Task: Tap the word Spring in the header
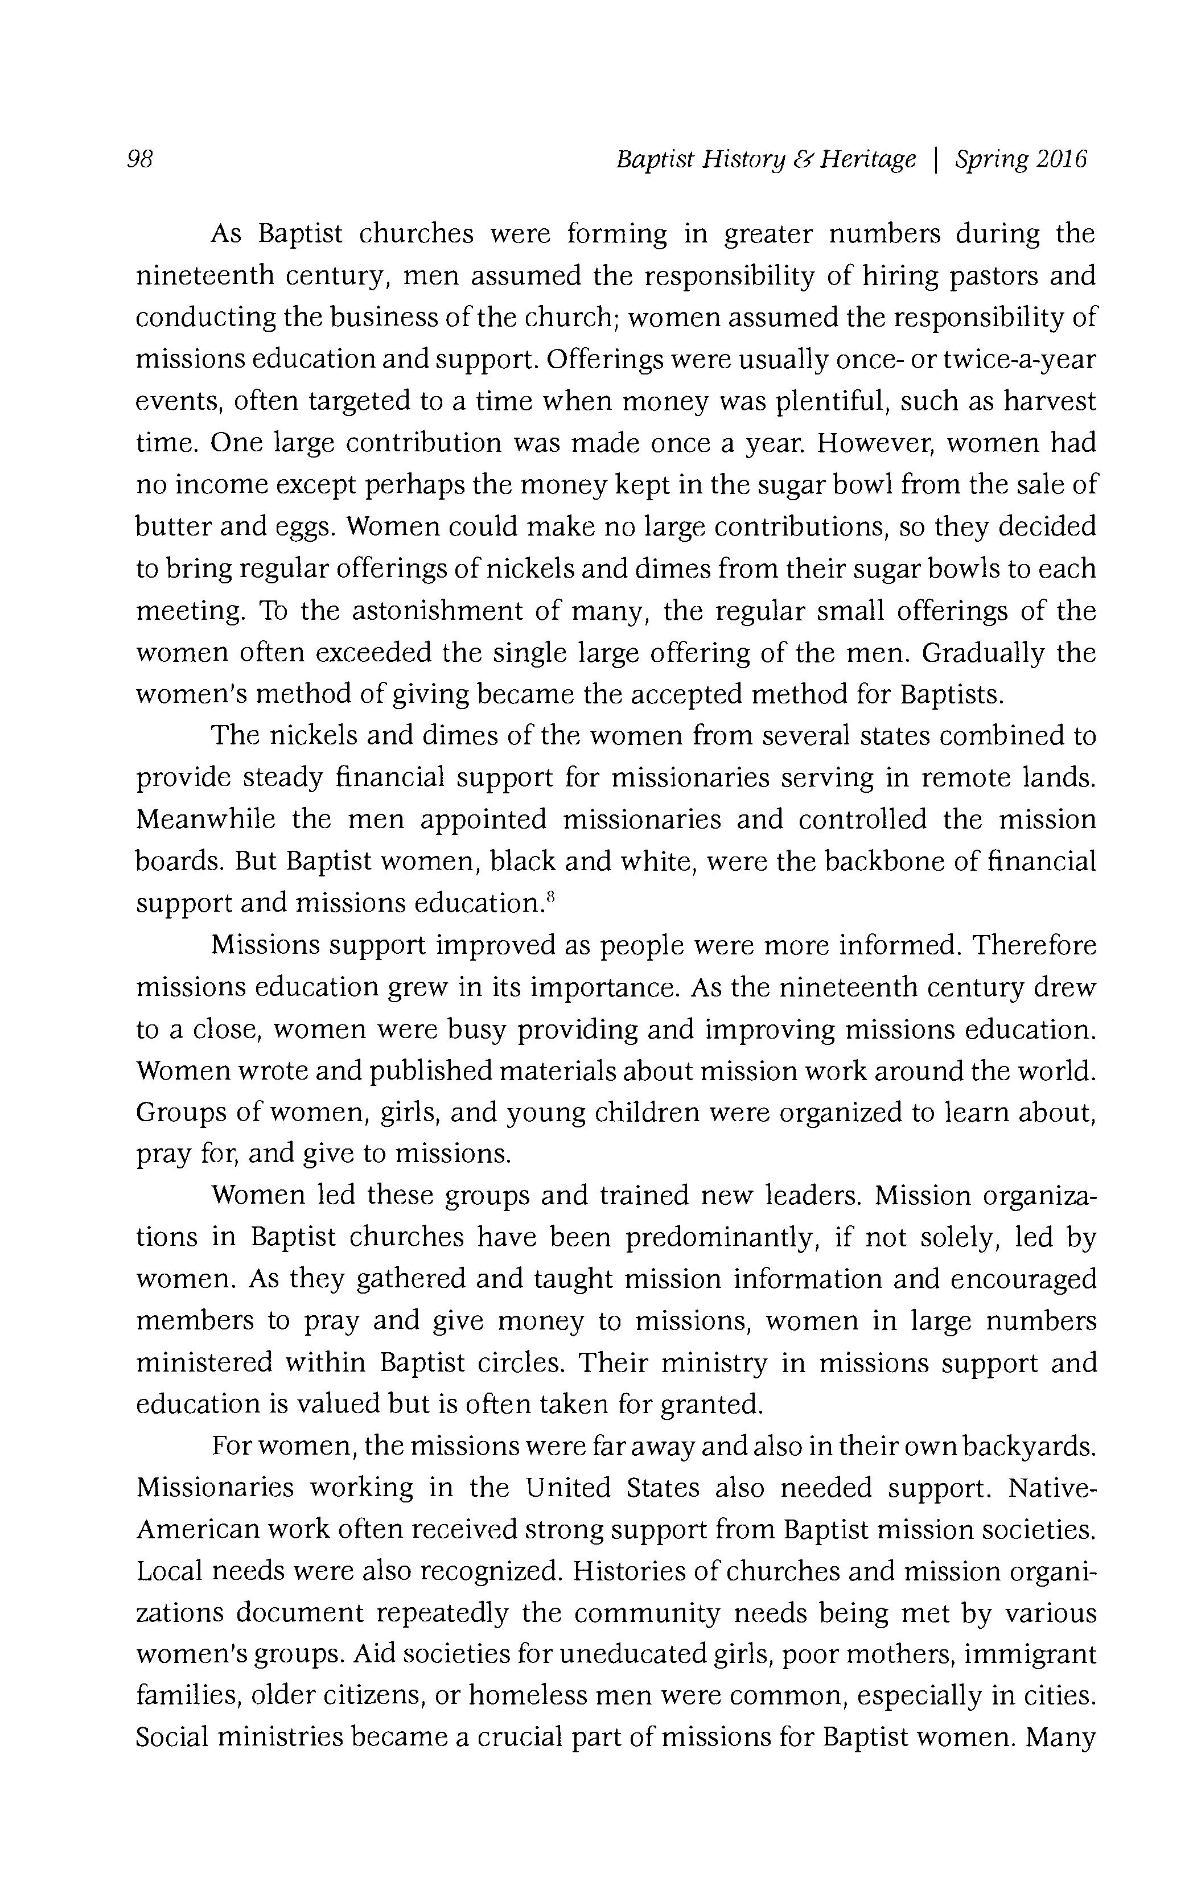click(x=991, y=160)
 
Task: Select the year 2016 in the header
click(x=1062, y=160)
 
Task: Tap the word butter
click(x=173, y=526)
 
